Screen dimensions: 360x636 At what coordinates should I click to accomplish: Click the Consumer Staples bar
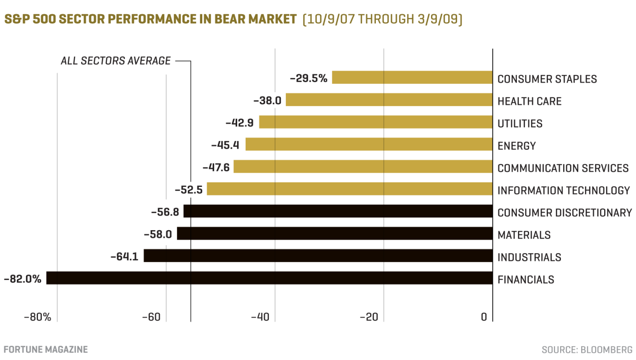412,77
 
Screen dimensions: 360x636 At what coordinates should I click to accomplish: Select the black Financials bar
269,278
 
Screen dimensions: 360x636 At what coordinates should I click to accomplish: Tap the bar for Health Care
389,100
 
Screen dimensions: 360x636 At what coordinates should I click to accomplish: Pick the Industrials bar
318,256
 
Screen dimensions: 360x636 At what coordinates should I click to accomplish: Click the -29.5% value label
309,79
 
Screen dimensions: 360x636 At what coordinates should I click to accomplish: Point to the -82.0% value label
23,279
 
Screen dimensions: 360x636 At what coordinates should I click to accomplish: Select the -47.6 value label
216,167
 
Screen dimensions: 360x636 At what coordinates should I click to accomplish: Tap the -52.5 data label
189,190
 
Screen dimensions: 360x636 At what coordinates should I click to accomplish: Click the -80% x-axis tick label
38,317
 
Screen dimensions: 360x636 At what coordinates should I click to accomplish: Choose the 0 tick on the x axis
484,317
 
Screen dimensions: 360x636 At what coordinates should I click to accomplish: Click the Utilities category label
520,124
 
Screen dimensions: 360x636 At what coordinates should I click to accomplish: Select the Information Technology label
564,190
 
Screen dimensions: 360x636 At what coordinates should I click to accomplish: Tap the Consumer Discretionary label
564,212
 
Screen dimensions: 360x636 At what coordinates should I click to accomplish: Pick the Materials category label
524,235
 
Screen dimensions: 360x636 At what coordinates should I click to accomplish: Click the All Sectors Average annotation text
115,61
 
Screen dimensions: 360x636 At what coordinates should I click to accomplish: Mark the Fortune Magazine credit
45,349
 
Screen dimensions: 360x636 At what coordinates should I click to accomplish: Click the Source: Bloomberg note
587,350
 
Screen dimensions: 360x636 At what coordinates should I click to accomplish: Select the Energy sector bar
369,144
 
